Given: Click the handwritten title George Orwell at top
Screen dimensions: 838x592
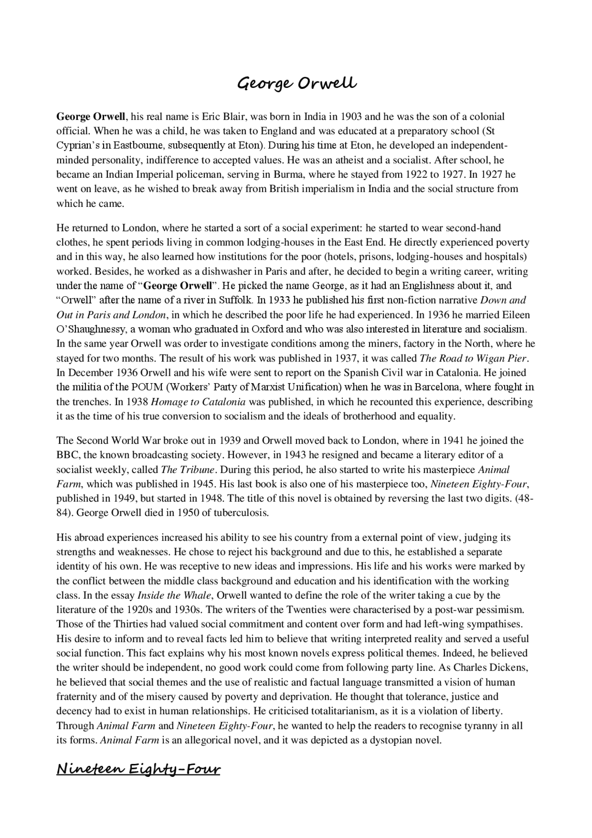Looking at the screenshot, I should click(296, 84).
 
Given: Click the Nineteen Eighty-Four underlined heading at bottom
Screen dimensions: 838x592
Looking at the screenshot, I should click(138, 769).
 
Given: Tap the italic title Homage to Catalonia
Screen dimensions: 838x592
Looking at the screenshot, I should click(198, 402).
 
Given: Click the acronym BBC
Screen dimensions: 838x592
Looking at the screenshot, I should click(67, 455).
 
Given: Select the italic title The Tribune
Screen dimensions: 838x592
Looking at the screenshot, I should click(188, 470).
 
